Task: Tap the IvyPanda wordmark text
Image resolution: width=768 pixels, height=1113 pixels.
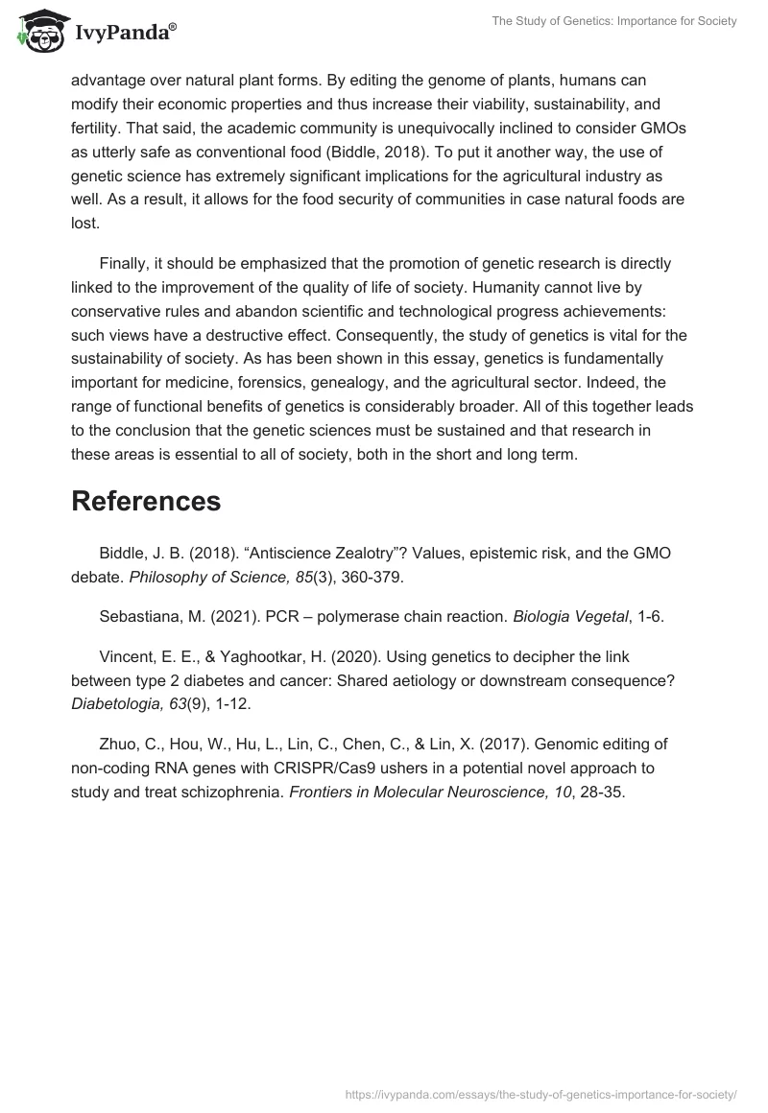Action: tap(126, 34)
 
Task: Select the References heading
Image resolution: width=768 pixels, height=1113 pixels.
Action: tap(146, 501)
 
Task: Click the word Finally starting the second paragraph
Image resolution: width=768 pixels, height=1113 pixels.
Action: tap(127, 263)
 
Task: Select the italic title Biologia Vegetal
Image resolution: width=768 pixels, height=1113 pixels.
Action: tap(569, 617)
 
